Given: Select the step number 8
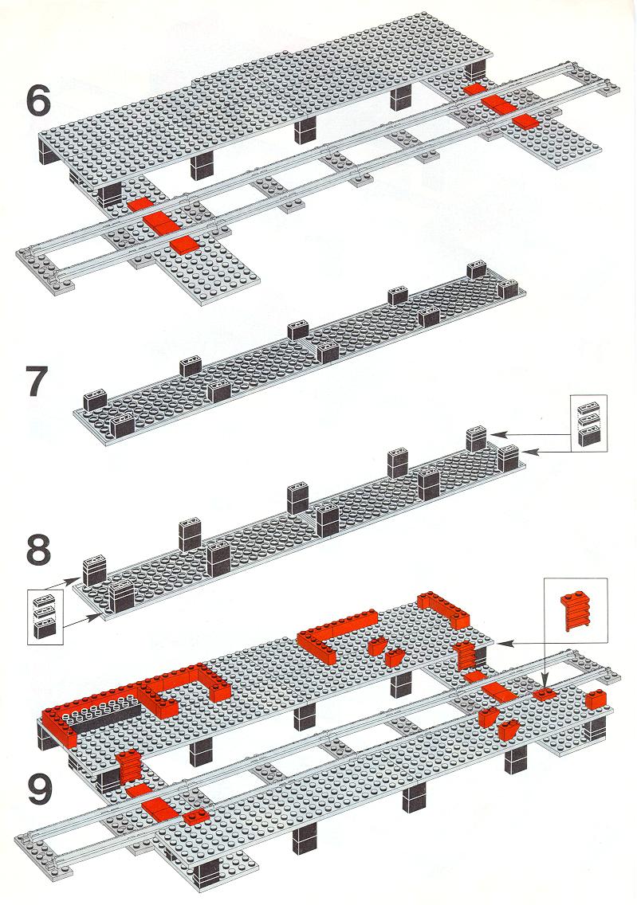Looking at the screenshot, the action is click(39, 550).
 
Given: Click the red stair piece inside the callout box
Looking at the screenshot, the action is click(576, 611).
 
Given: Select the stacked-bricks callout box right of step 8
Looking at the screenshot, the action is click(588, 423).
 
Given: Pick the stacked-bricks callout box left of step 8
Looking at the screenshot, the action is click(45, 617).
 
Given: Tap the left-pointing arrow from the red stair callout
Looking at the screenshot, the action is click(522, 642).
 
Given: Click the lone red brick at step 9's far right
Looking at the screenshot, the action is click(597, 698).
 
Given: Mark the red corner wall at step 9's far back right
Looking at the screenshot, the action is click(445, 609).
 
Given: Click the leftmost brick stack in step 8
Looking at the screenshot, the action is click(95, 570).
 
